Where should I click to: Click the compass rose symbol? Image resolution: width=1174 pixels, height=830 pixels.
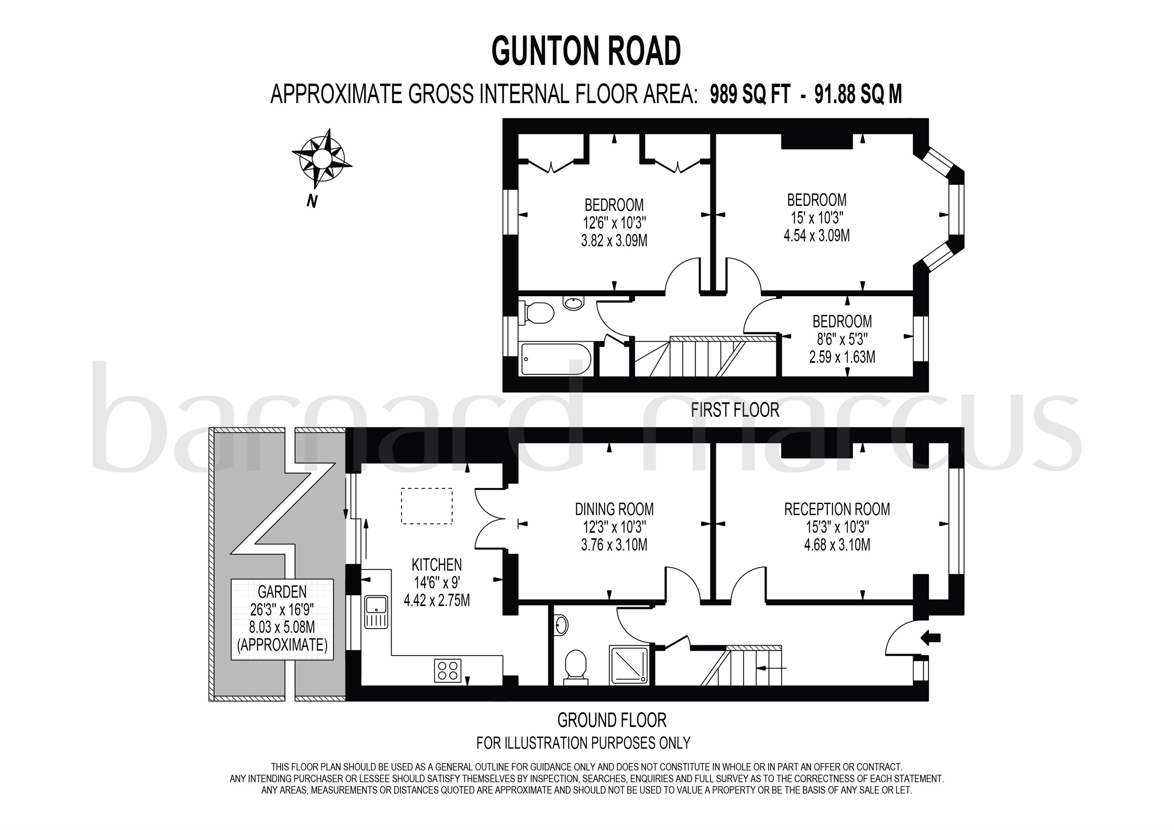pyautogui.click(x=321, y=158)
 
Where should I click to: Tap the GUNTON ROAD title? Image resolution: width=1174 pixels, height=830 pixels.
pyautogui.click(x=586, y=51)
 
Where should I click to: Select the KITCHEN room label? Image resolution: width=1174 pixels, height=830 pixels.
pyautogui.click(x=436, y=564)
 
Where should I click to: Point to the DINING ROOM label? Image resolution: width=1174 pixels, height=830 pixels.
pyautogui.click(x=614, y=509)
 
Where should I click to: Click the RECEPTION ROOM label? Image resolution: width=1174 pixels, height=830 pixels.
pyautogui.click(x=836, y=509)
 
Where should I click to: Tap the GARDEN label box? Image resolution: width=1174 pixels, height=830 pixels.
pyautogui.click(x=282, y=619)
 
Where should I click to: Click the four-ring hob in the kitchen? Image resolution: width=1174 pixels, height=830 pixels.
pyautogui.click(x=448, y=670)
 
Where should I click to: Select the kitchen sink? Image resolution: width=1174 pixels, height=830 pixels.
pyautogui.click(x=377, y=611)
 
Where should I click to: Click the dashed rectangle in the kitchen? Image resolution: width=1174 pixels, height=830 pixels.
pyautogui.click(x=426, y=506)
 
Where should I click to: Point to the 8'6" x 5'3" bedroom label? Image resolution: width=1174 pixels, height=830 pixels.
pyautogui.click(x=842, y=339)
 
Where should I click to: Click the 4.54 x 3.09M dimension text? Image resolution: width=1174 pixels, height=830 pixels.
pyautogui.click(x=817, y=236)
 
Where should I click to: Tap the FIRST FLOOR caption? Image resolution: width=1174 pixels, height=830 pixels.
pyautogui.click(x=734, y=409)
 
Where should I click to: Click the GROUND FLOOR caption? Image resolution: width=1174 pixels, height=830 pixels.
pyautogui.click(x=612, y=720)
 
